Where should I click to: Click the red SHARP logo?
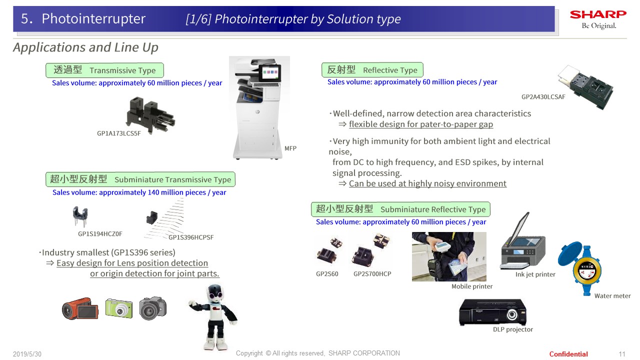(x=598, y=14)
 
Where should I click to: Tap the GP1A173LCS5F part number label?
(x=119, y=133)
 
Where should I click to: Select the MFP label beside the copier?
(x=290, y=148)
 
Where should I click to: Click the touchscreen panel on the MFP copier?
(x=270, y=72)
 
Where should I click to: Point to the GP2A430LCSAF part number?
(x=543, y=97)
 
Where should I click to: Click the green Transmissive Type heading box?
(x=104, y=70)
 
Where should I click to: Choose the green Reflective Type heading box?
(x=372, y=69)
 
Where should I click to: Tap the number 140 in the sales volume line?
(x=153, y=192)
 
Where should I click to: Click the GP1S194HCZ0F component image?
(x=80, y=216)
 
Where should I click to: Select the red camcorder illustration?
(x=80, y=308)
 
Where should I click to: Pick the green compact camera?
(x=119, y=308)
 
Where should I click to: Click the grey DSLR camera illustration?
(x=153, y=308)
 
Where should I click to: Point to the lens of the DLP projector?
(x=512, y=315)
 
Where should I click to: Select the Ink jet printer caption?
(x=535, y=274)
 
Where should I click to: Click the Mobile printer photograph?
(x=449, y=256)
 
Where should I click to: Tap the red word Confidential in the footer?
(x=568, y=354)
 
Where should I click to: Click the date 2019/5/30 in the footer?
(x=27, y=354)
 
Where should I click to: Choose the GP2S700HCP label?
(x=372, y=273)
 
